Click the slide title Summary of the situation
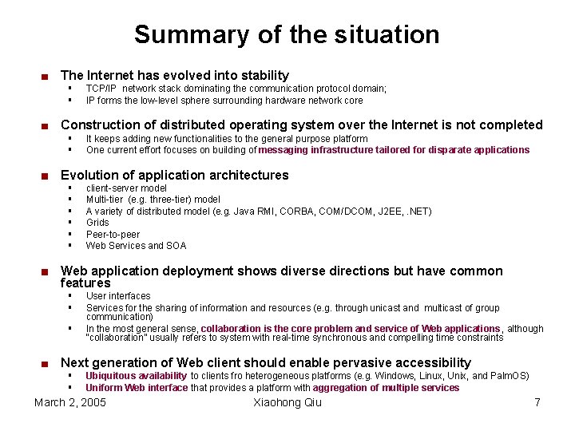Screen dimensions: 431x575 287,34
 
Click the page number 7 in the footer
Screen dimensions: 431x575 537,402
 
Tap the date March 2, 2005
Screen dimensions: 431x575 70,402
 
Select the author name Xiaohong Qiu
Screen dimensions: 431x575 287,402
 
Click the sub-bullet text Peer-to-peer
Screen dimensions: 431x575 113,235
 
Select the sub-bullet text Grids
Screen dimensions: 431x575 97,223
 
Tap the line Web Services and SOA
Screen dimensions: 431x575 136,246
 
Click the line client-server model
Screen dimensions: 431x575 126,188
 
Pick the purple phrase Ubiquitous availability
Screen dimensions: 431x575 136,376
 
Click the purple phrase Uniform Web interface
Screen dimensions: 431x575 137,388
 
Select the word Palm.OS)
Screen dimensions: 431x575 510,376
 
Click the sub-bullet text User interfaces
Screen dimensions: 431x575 117,296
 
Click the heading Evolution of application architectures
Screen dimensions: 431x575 174,175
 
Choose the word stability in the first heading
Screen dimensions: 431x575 264,76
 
